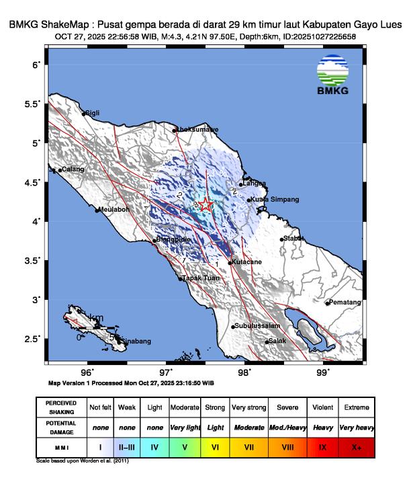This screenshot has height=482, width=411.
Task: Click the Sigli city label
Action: tap(92, 114)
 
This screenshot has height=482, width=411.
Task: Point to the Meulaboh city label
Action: tap(114, 210)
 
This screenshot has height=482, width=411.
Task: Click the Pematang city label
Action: tap(345, 303)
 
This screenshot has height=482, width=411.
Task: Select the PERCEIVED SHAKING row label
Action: tap(60, 407)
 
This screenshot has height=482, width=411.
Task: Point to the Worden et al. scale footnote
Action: tap(83, 461)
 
